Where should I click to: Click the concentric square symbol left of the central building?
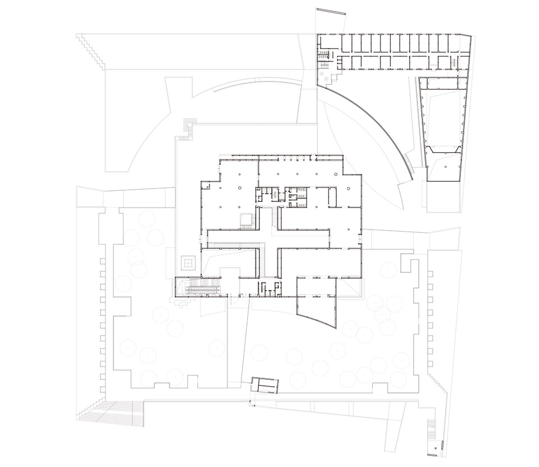click(x=188, y=261)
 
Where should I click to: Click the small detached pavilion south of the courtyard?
click(x=264, y=385)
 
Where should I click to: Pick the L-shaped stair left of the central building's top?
click(x=189, y=129)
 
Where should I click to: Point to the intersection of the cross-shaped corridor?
click(x=269, y=239)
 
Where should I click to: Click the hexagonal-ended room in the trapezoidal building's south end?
click(x=444, y=163)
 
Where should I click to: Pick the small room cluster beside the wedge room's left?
click(x=269, y=288)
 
